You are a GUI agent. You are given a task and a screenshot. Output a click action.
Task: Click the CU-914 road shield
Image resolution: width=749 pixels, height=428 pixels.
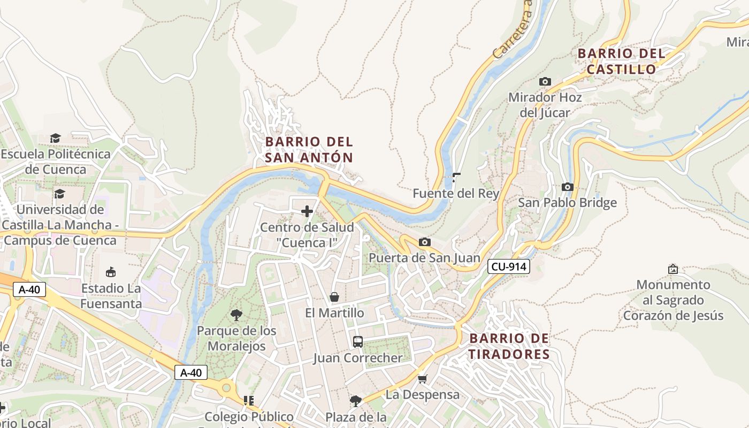tap(508, 266)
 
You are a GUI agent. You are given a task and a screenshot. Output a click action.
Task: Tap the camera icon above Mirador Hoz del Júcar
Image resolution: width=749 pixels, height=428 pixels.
tap(545, 82)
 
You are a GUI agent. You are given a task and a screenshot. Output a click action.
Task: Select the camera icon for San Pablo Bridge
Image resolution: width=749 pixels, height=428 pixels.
tap(568, 187)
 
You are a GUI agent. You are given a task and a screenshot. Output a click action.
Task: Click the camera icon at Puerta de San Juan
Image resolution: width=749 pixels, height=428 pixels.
tap(424, 242)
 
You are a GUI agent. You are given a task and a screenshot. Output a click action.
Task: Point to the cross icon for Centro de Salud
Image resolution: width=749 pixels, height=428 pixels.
tap(307, 211)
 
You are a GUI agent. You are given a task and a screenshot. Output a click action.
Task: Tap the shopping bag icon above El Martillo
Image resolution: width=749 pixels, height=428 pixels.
tap(334, 297)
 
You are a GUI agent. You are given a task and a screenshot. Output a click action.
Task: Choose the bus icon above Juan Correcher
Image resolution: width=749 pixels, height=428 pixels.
tap(358, 341)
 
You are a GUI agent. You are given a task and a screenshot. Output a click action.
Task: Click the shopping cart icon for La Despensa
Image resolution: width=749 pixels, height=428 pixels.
tap(422, 379)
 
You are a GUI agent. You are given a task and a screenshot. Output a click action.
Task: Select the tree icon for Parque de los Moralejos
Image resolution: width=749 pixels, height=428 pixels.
tap(236, 315)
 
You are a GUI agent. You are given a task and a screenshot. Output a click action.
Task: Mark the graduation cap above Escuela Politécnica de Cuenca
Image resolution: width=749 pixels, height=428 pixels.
tap(56, 139)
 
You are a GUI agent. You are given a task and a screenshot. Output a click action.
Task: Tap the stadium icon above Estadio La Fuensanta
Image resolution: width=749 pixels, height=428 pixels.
tap(111, 272)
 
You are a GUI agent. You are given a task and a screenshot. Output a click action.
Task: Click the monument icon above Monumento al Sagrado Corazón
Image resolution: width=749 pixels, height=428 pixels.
tap(673, 269)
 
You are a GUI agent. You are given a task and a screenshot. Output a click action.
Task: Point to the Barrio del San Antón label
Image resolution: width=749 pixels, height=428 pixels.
tap(309, 150)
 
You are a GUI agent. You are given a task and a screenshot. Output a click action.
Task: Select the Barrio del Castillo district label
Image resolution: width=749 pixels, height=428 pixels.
tap(622, 62)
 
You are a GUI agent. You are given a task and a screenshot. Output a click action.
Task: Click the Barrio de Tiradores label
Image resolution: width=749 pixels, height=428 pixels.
tap(509, 346)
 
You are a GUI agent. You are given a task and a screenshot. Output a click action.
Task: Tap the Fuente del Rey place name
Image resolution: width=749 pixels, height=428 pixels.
tap(456, 194)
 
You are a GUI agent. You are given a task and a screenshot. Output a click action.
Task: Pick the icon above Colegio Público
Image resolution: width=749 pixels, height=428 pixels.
tap(248, 400)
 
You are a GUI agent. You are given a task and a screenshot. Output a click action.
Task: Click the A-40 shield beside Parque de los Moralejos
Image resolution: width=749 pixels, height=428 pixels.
tap(191, 373)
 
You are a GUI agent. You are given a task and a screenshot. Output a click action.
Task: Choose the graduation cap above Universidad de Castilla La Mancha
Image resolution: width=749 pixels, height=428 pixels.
tap(59, 193)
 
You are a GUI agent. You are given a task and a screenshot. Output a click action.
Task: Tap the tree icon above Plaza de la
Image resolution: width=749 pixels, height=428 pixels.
tap(356, 401)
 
